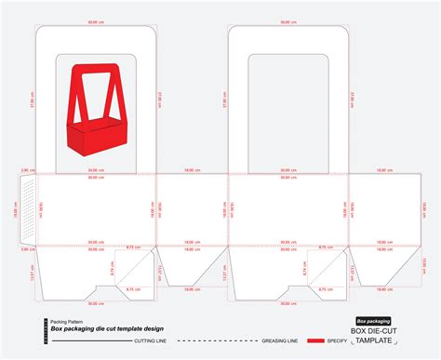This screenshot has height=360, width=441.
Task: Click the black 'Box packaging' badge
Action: (x=372, y=321)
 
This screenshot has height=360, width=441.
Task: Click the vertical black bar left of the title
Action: (x=43, y=329)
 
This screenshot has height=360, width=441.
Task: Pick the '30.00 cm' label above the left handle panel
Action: (x=96, y=21)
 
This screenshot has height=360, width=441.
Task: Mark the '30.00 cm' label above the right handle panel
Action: (x=285, y=21)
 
